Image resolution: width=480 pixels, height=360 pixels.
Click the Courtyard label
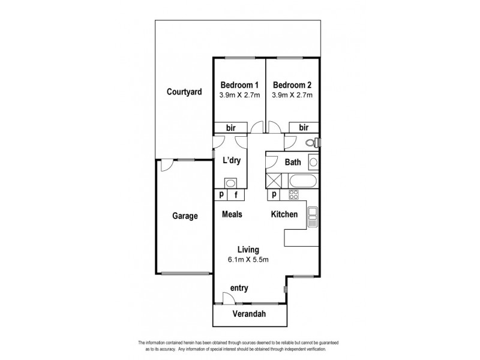184,92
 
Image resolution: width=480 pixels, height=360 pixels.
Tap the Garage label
185,217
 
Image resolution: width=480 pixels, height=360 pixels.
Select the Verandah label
250,314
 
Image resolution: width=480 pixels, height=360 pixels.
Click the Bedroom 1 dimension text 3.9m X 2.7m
239,95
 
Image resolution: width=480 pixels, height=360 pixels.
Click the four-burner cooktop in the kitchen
294,194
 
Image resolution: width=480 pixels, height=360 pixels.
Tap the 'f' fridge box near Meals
236,194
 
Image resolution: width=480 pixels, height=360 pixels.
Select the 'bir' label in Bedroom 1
230,128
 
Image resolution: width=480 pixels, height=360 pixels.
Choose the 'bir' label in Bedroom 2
304,128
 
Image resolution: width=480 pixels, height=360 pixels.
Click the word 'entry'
239,289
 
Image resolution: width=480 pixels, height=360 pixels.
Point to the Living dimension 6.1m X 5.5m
248,260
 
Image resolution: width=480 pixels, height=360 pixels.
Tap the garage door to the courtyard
167,165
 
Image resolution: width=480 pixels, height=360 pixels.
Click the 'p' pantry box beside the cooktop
274,194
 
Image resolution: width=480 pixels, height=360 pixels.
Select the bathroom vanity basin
313,162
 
